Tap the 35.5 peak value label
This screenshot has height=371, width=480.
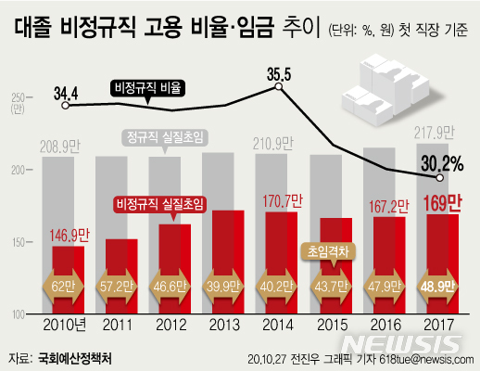279,73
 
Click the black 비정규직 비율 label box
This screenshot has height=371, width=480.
146,88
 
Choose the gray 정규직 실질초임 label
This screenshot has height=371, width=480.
165,138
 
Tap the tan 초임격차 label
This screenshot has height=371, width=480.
327,249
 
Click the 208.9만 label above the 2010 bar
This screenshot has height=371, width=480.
64,145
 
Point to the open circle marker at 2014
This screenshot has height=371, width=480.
278,88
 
